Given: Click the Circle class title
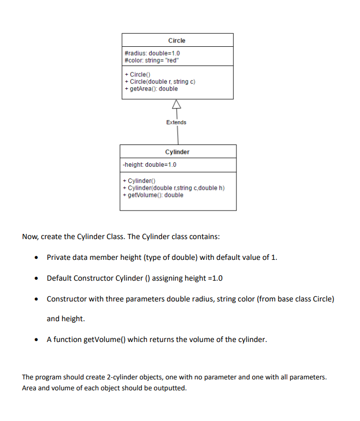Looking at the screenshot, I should [177, 41].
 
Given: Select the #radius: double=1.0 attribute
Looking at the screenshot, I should [152, 53].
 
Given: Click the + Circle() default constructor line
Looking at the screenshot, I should [137, 75].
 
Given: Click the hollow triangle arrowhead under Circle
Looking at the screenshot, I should [177, 104].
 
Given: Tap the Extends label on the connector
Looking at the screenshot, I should [176, 122].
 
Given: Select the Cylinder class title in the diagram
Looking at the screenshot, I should [177, 152].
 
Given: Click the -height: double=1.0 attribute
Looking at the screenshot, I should [149, 165].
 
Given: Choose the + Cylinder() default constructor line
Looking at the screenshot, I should [136, 181].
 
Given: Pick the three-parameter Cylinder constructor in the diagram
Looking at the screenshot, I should [171, 188].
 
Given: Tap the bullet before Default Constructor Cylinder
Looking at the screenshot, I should [36, 278].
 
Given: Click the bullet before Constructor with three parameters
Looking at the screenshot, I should [36, 299].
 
